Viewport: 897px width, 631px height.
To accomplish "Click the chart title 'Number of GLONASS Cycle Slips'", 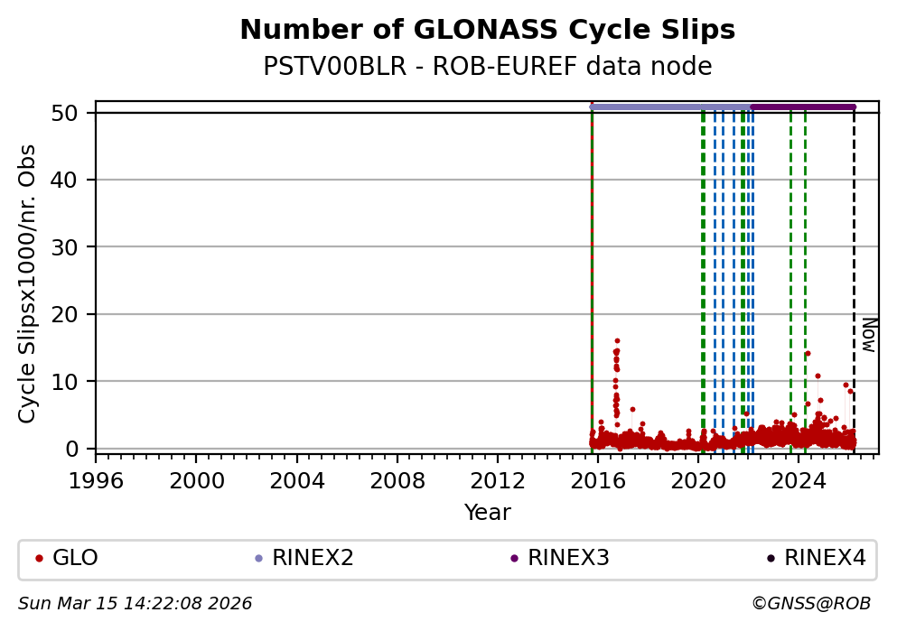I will [x=487, y=31].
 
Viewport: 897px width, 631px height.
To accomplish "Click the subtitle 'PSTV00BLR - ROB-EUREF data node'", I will [x=487, y=67].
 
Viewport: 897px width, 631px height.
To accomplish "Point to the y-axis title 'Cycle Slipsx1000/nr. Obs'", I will [x=28, y=283].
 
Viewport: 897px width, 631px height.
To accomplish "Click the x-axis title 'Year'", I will [x=487, y=513].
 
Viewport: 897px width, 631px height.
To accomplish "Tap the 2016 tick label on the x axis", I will [x=598, y=480].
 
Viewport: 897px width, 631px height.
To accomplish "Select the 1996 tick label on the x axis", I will [x=97, y=480].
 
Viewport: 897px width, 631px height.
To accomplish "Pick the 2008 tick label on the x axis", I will [x=397, y=480].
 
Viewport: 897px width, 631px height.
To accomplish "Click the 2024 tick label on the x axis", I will [x=799, y=480].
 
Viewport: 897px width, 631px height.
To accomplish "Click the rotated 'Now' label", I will [x=868, y=334].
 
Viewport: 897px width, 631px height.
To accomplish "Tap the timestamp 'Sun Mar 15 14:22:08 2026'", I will [x=135, y=604].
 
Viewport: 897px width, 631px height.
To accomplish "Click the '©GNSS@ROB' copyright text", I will [x=810, y=604].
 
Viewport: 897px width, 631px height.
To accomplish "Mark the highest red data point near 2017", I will [x=617, y=340].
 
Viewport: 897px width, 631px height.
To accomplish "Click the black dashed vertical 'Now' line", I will [x=854, y=271].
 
